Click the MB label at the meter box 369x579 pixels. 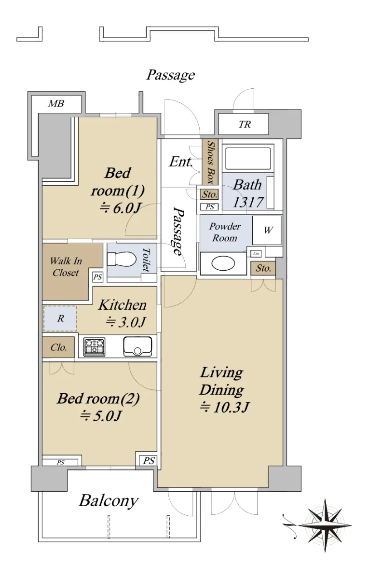point(56,104)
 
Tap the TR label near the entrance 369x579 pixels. point(245,124)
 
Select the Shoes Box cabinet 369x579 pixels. point(210,162)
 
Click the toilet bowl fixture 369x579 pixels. point(122,259)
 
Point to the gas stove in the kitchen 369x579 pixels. point(95,347)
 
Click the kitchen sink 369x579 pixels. point(137,346)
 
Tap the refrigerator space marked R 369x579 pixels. point(60,318)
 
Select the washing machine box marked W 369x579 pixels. point(267,230)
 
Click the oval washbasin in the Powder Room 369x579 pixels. point(223,263)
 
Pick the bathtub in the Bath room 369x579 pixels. point(248,158)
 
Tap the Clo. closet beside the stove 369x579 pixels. point(59,347)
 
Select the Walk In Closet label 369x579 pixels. point(66,267)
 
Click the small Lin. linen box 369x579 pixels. point(256,254)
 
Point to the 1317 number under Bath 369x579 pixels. point(248,202)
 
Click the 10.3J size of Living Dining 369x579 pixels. point(224,407)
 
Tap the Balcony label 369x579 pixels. point(109,501)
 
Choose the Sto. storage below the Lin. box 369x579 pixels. point(263,268)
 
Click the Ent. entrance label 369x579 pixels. point(181,162)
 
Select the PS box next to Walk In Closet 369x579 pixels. point(97,277)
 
